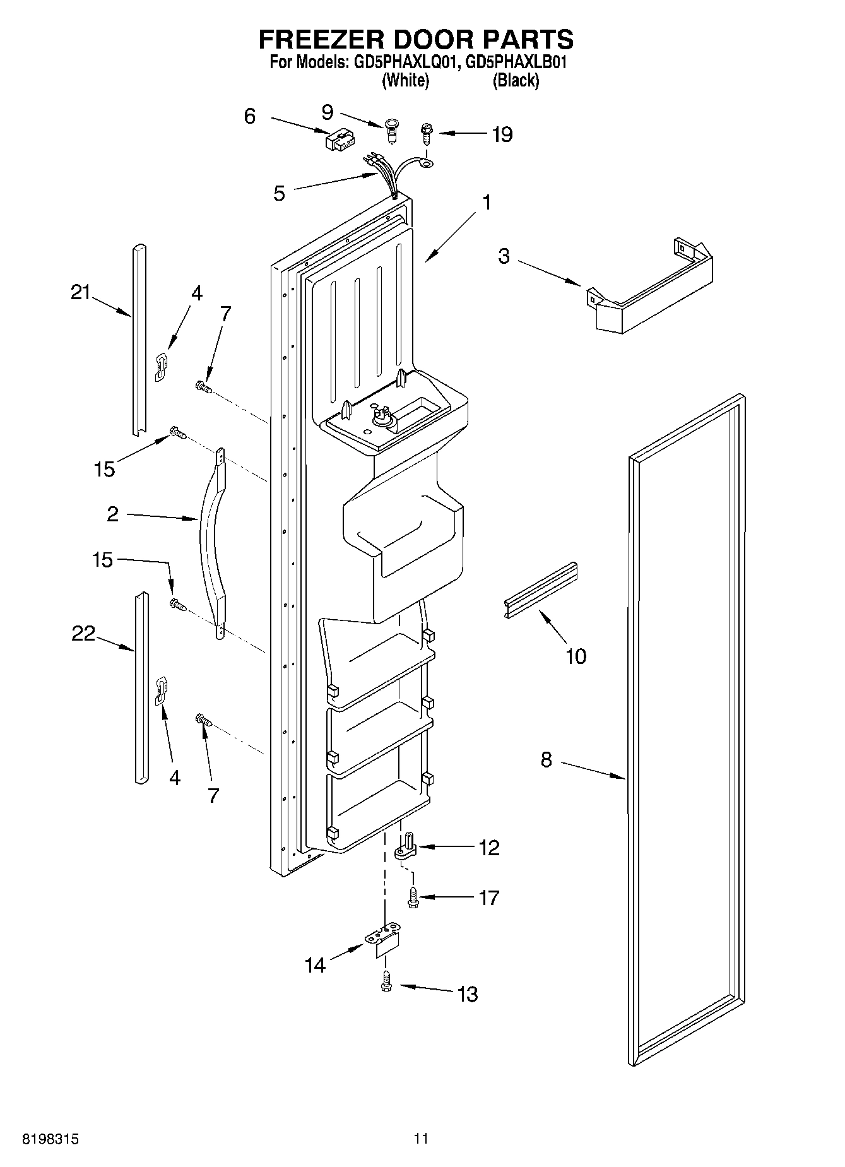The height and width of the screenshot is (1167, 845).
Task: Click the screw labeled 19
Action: coord(427,133)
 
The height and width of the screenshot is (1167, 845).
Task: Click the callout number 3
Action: coord(503,257)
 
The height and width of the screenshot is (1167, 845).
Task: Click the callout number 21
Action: coord(80,292)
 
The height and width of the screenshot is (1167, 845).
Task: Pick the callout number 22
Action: coord(83,633)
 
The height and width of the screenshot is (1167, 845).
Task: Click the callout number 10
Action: coord(576,656)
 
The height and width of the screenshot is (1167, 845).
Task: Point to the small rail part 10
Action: coord(541,588)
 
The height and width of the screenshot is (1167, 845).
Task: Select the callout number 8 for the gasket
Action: coord(546,760)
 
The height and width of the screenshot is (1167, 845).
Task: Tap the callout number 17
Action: coord(488,897)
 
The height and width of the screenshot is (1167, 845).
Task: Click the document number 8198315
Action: coord(50,1139)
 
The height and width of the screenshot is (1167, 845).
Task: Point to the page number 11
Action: coord(421,1139)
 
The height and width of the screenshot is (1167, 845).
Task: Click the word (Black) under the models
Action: coord(515,81)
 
